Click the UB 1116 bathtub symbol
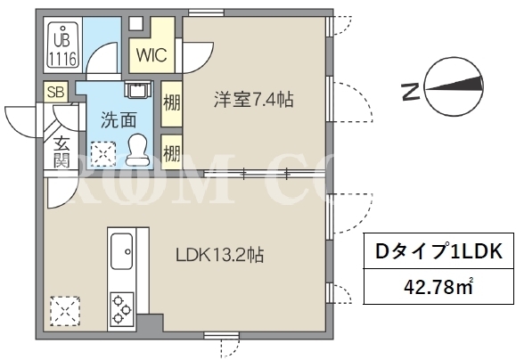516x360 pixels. pyautogui.click(x=63, y=46)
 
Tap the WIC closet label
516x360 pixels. pyautogui.click(x=152, y=55)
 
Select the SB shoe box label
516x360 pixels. pyautogui.click(x=55, y=92)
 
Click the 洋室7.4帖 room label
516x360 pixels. pyautogui.click(x=253, y=100)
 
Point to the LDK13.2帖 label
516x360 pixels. pyautogui.click(x=219, y=255)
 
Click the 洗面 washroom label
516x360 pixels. pyautogui.click(x=119, y=119)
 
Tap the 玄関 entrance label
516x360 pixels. pyautogui.click(x=62, y=151)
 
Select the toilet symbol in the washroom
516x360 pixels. pyautogui.click(x=137, y=149)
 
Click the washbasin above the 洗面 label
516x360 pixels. pyautogui.click(x=138, y=89)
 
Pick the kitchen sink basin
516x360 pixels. pyautogui.click(x=122, y=251)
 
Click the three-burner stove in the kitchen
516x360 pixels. pyautogui.click(x=122, y=308)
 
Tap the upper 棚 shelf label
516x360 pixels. pyautogui.click(x=172, y=104)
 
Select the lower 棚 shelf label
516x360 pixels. pyautogui.click(x=172, y=152)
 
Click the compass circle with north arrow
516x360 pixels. pyautogui.click(x=455, y=87)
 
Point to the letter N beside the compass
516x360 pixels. pyautogui.click(x=411, y=92)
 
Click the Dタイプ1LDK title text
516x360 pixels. pyautogui.click(x=439, y=252)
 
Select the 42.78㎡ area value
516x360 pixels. pyautogui.click(x=438, y=287)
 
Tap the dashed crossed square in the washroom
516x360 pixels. pyautogui.click(x=103, y=153)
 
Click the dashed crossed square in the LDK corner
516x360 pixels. pyautogui.click(x=65, y=311)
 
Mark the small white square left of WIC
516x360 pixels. pyautogui.click(x=135, y=23)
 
